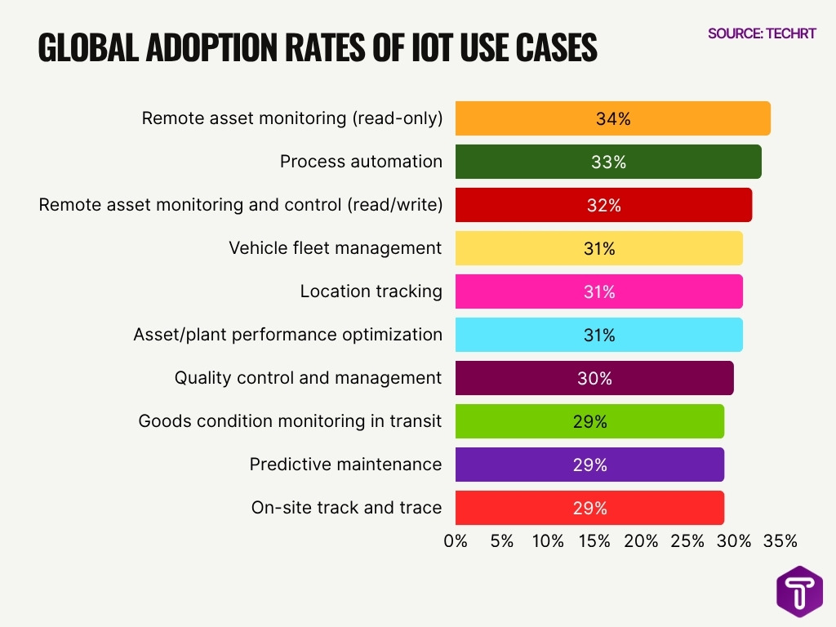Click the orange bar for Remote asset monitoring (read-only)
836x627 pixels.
pyautogui.click(x=612, y=118)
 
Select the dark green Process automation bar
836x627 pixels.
pyautogui.click(x=608, y=162)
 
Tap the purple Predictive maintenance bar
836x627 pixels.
pyautogui.click(x=589, y=465)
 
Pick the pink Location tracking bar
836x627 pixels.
pyautogui.click(x=598, y=291)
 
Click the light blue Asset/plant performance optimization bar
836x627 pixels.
pyautogui.click(x=598, y=335)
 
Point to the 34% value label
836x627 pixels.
pyautogui.click(x=613, y=118)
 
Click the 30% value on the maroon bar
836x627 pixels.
pyautogui.click(x=594, y=378)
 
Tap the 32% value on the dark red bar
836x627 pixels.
pyautogui.click(x=603, y=205)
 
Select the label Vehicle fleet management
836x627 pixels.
pyautogui.click(x=335, y=247)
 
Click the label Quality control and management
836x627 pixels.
pyautogui.click(x=308, y=378)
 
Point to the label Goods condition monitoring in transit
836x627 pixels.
pyautogui.click(x=290, y=421)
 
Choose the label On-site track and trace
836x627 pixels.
pyautogui.click(x=346, y=508)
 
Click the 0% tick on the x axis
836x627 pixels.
pyautogui.click(x=456, y=540)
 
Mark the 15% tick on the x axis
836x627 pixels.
pyautogui.click(x=594, y=540)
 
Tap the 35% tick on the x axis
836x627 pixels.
pyautogui.click(x=780, y=540)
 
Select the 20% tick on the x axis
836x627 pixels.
pyautogui.click(x=641, y=540)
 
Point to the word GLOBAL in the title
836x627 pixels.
pyautogui.click(x=86, y=48)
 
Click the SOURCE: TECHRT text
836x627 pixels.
pyautogui.click(x=762, y=33)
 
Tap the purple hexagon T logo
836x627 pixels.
pyautogui.click(x=799, y=591)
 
